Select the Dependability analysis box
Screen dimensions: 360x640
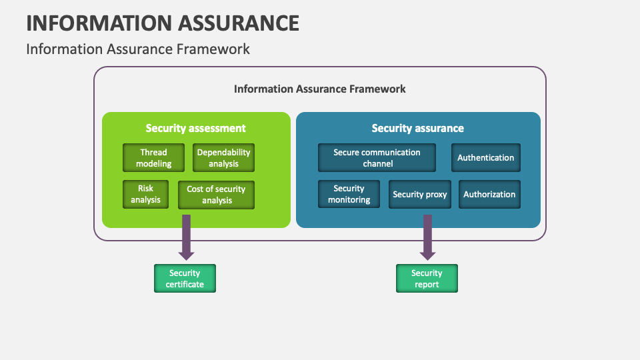point(223,158)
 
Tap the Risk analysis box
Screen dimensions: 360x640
point(145,194)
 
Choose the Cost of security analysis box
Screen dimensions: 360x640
point(216,195)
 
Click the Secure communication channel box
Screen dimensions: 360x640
point(377,158)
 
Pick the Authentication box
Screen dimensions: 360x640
point(485,158)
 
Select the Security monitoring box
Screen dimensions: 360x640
point(349,194)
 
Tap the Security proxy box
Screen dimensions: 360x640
point(419,195)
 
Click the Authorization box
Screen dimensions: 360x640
point(489,195)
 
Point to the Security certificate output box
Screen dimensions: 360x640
point(185,278)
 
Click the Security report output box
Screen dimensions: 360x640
point(427,278)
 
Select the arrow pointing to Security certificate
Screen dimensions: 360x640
point(187,237)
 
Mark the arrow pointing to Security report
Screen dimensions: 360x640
point(427,237)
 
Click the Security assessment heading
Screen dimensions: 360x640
point(196,128)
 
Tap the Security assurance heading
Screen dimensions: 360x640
point(418,128)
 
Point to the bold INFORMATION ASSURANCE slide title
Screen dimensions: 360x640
point(163,23)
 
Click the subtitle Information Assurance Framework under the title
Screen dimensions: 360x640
point(138,49)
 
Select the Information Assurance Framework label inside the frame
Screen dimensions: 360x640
point(319,89)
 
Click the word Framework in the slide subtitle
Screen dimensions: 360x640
point(218,49)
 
